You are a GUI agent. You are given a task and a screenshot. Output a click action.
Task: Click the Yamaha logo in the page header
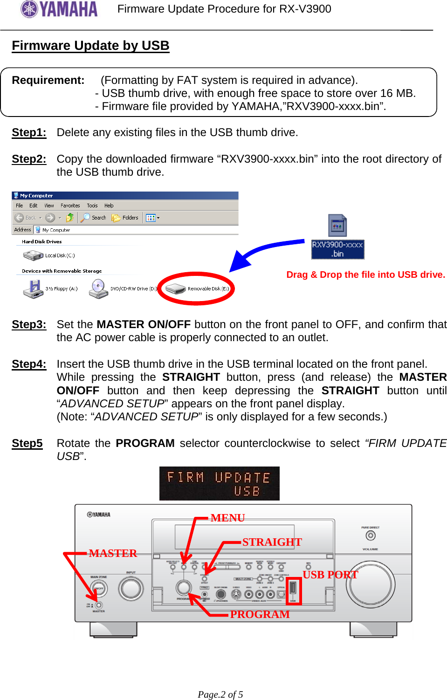(x=59, y=9)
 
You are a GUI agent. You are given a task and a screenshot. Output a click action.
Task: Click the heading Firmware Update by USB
(x=90, y=46)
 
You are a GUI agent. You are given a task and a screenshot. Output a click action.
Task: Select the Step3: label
(x=29, y=324)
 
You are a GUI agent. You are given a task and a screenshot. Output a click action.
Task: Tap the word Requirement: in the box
(x=48, y=80)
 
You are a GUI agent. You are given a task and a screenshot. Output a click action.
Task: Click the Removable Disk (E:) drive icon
(x=176, y=289)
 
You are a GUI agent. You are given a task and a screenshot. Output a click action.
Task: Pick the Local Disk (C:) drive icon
(x=33, y=255)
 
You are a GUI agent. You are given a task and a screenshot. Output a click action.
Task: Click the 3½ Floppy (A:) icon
(x=33, y=289)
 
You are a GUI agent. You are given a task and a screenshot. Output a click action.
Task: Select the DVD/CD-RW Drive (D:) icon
(x=98, y=289)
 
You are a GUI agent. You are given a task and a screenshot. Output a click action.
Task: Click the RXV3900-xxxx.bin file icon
(x=337, y=226)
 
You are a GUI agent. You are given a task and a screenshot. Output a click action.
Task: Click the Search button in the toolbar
(x=94, y=218)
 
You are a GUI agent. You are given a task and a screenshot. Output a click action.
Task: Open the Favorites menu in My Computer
(x=70, y=206)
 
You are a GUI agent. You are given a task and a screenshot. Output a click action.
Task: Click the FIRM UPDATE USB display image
(x=219, y=484)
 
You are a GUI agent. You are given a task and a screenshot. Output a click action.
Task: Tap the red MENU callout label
(x=227, y=518)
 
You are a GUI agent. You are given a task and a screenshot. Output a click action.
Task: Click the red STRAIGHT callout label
(x=272, y=542)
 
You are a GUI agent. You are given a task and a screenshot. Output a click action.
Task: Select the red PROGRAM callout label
(x=260, y=614)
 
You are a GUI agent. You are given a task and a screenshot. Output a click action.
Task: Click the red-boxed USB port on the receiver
(x=293, y=590)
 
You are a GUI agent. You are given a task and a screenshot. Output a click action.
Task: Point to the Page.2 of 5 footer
(x=220, y=694)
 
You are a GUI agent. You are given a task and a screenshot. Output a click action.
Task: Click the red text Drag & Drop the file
(x=365, y=275)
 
